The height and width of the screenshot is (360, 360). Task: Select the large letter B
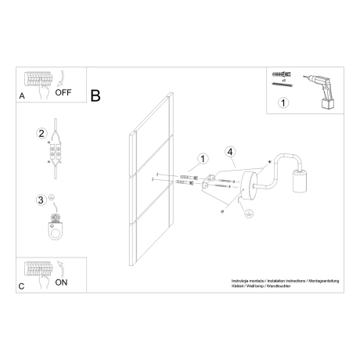[x=95, y=96]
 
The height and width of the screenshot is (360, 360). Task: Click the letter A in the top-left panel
[x=21, y=95]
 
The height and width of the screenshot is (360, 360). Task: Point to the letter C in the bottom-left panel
[x=21, y=286]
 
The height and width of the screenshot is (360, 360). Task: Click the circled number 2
[x=41, y=132]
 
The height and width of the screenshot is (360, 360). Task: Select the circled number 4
[x=229, y=153]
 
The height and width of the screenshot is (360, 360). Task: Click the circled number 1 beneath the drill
[x=283, y=102]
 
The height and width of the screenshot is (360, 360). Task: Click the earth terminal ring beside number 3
[x=56, y=229]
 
